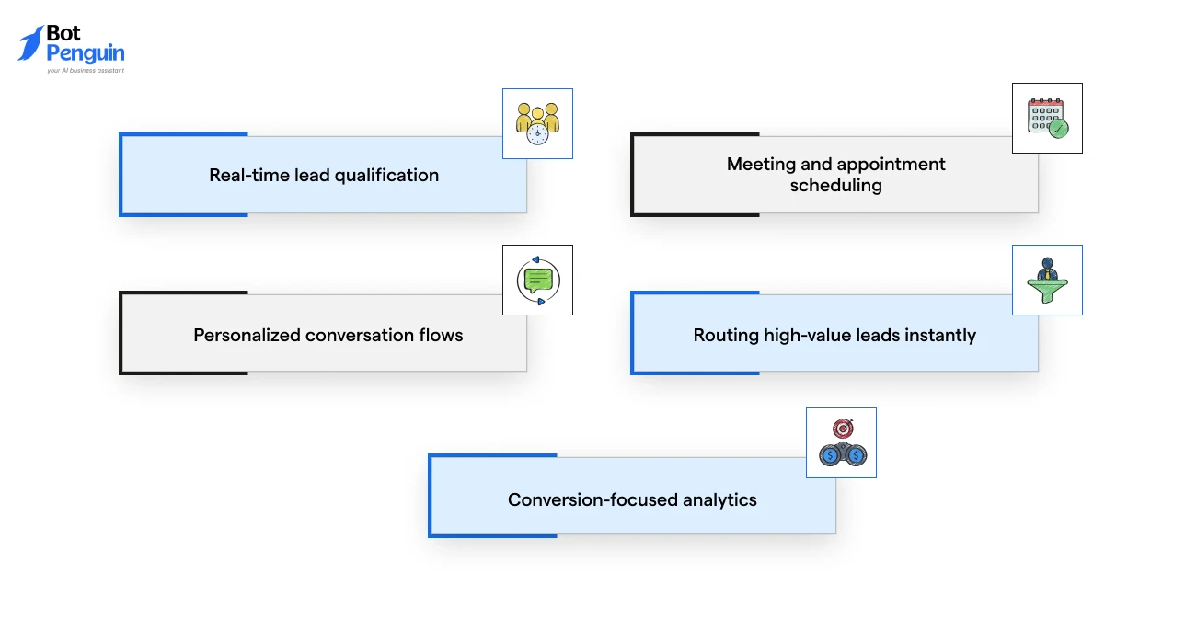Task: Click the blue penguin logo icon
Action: (x=30, y=43)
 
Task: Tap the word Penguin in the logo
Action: (x=86, y=53)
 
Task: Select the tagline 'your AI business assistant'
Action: (x=86, y=70)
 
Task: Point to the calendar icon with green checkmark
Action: (x=1047, y=118)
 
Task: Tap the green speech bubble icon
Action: (x=538, y=280)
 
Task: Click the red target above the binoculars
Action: (x=843, y=428)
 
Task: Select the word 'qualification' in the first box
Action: (x=386, y=176)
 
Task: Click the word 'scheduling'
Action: (x=835, y=186)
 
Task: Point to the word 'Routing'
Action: (x=726, y=336)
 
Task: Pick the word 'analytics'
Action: (x=719, y=499)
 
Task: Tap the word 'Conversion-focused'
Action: (x=592, y=499)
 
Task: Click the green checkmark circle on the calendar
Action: (x=1059, y=129)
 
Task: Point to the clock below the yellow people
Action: (x=537, y=134)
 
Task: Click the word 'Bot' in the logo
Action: (x=63, y=33)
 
